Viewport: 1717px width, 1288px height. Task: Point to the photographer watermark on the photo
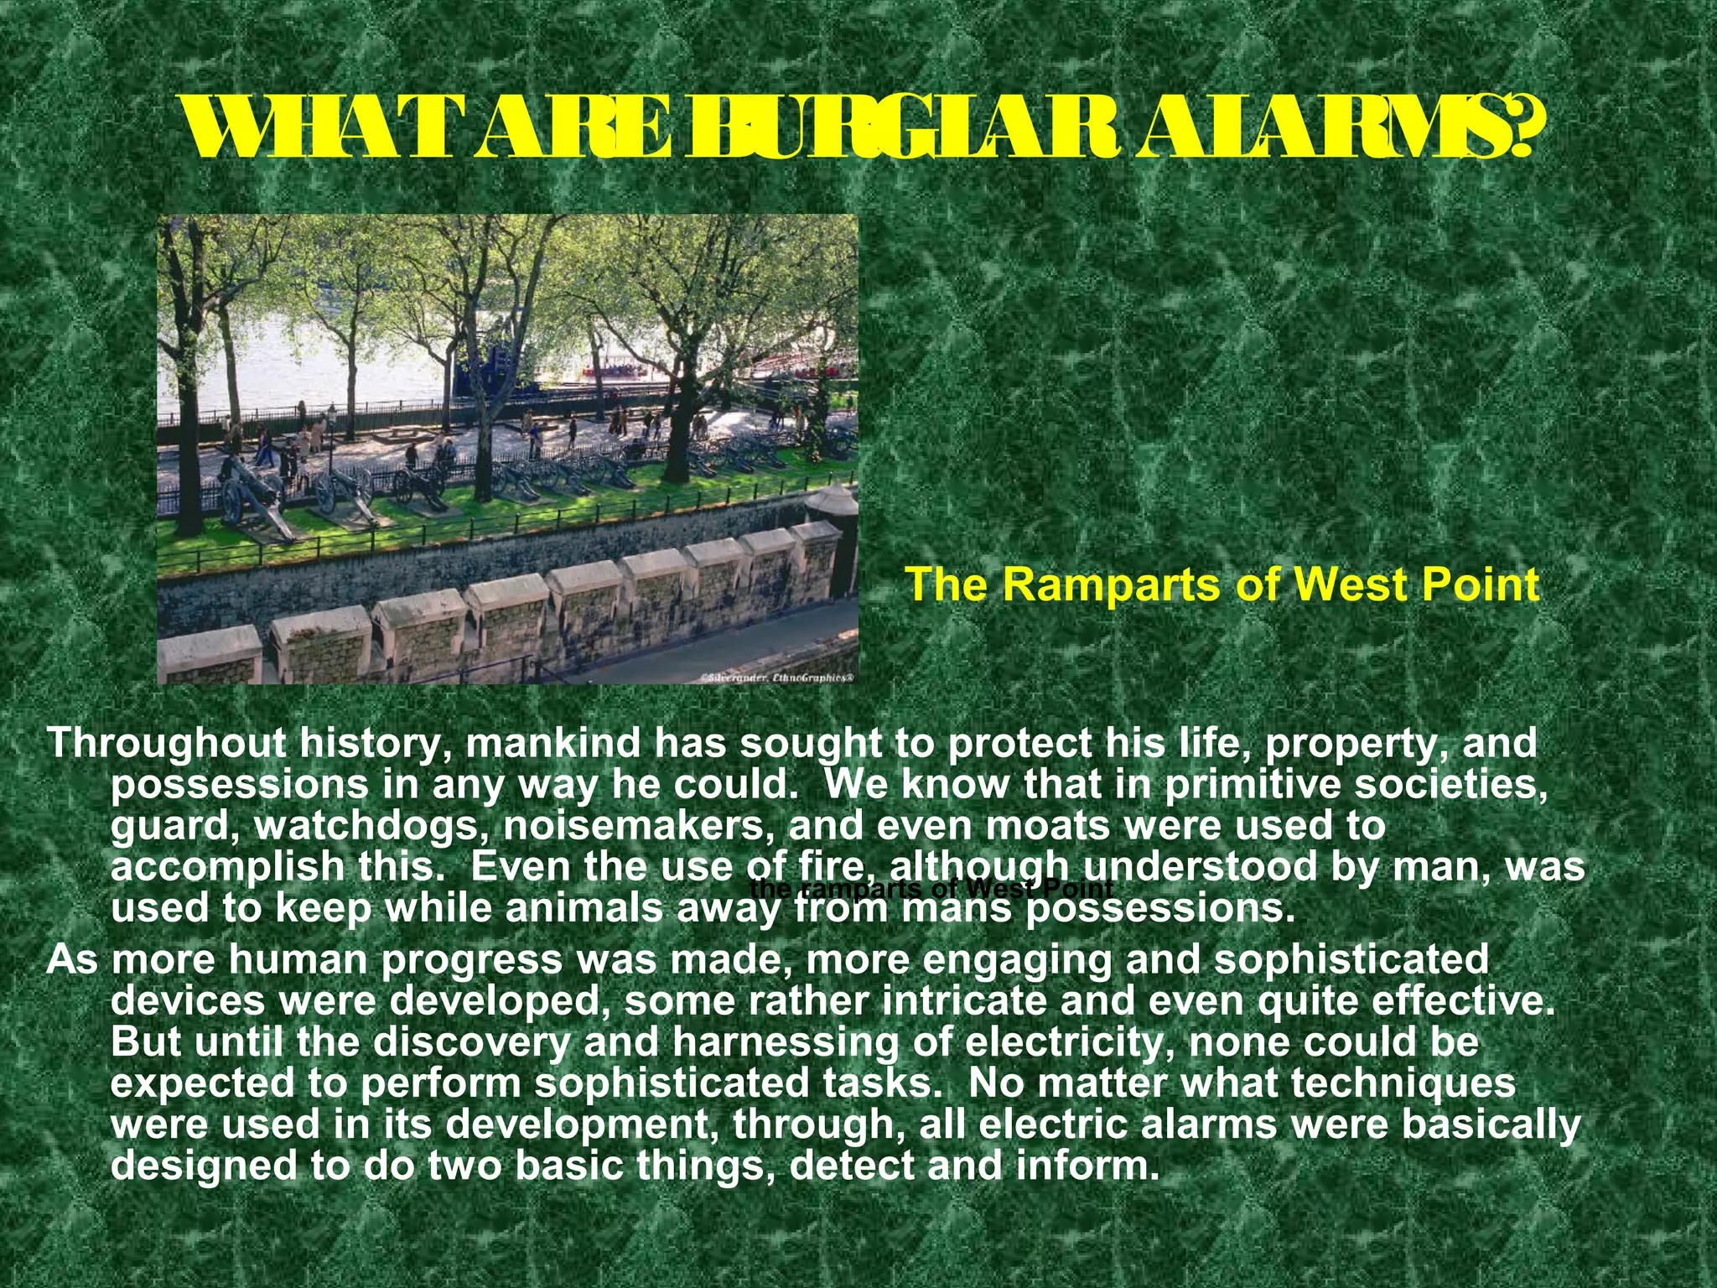pos(778,676)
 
